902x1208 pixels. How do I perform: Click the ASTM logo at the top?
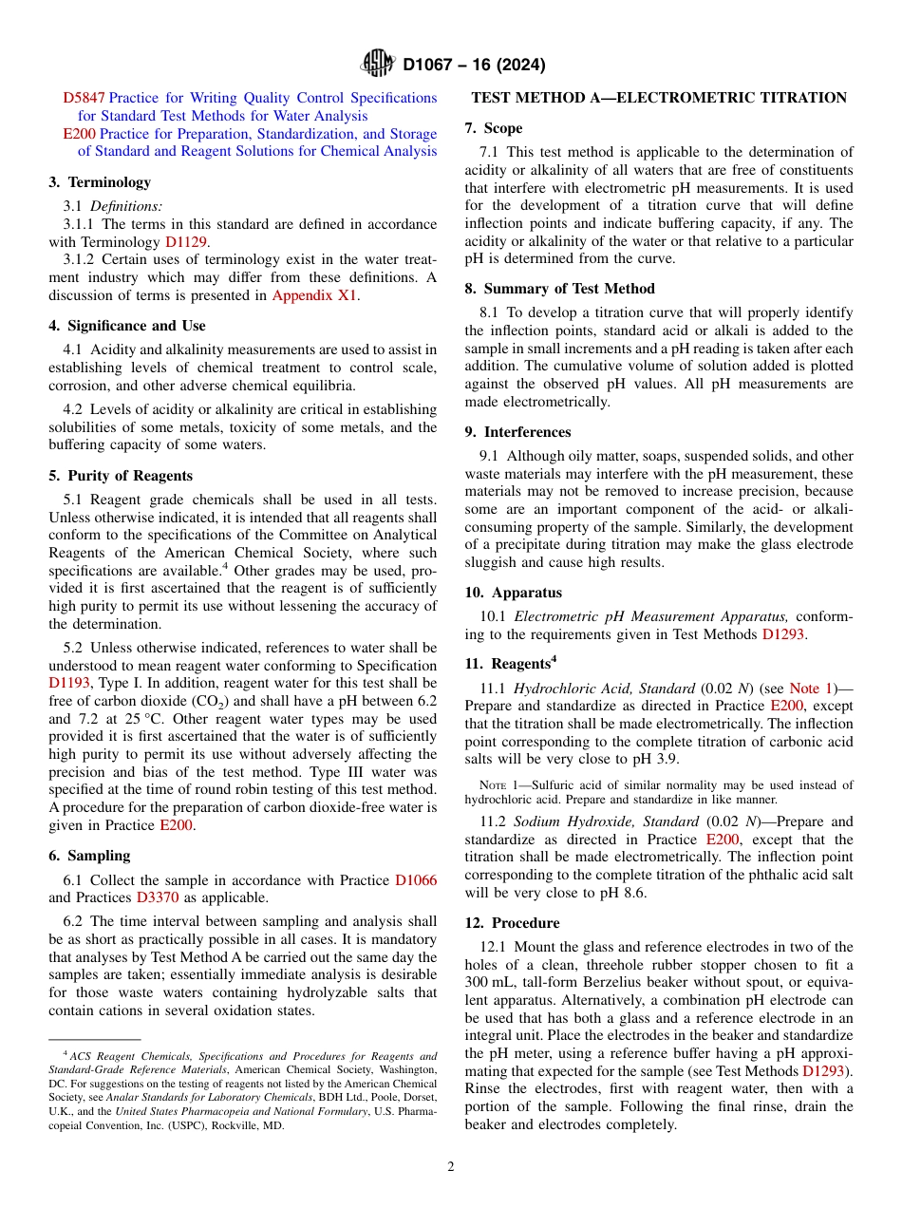click(378, 65)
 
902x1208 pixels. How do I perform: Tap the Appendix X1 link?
click(315, 295)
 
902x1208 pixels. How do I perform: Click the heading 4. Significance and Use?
click(127, 326)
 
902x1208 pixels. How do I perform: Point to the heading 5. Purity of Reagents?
click(121, 476)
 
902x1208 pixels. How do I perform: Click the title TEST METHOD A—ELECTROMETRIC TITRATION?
click(659, 98)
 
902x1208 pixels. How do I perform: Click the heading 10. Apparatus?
click(514, 592)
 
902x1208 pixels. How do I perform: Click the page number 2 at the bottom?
click(451, 1167)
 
